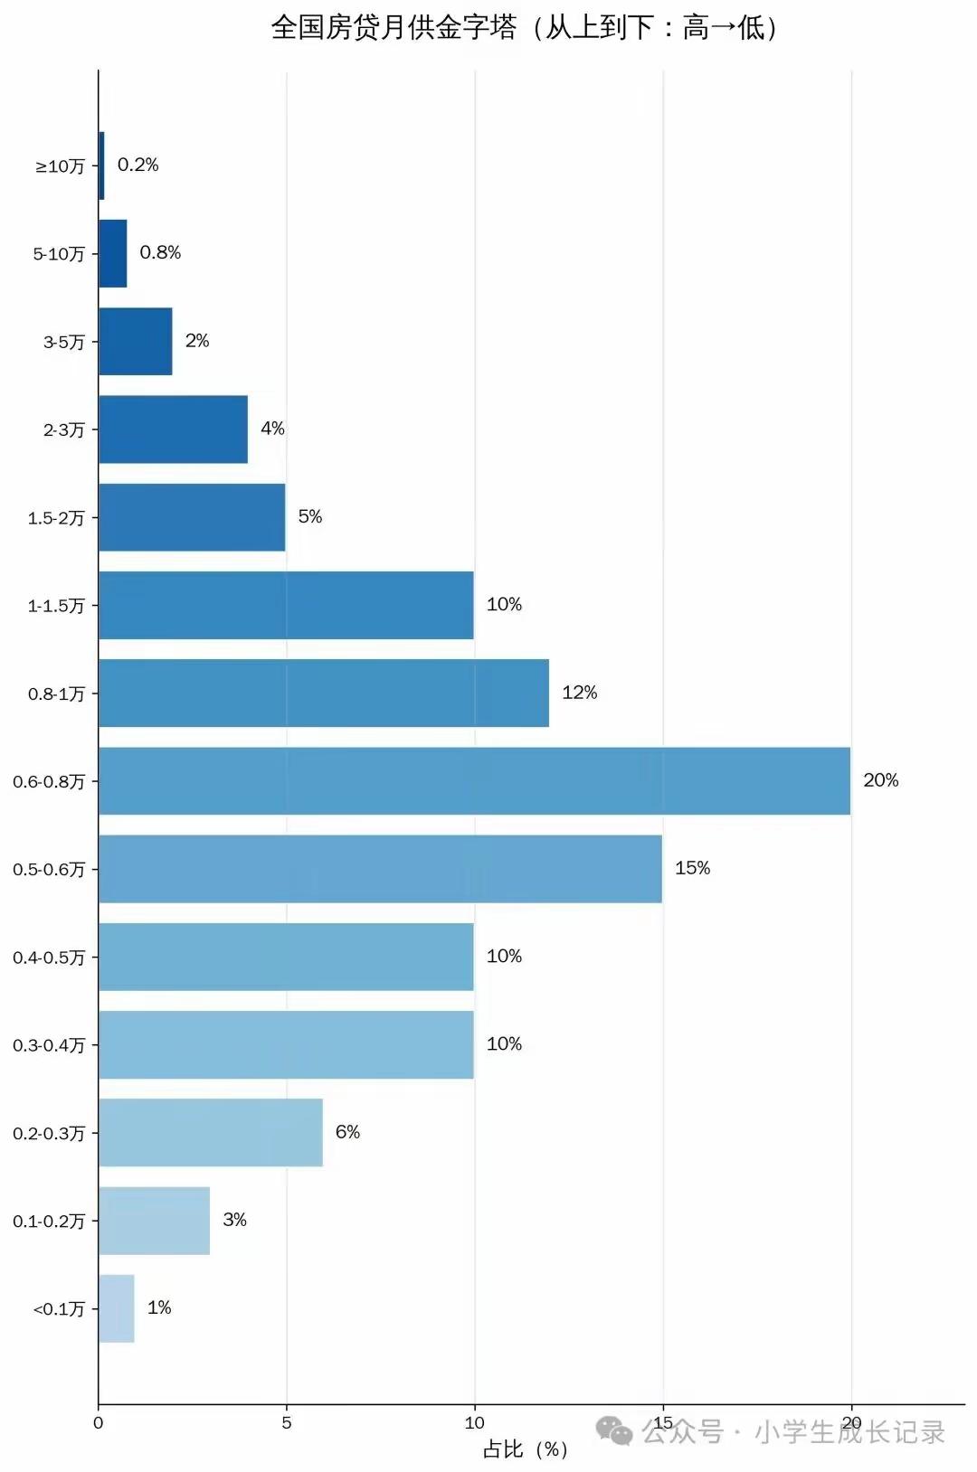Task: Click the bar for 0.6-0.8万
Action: [474, 780]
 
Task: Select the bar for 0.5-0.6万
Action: [380, 868]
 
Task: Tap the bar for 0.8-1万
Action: [323, 693]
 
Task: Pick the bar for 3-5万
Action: [135, 341]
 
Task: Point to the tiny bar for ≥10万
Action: [101, 165]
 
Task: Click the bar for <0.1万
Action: [117, 1308]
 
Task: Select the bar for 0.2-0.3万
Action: [211, 1132]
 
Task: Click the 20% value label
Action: [880, 780]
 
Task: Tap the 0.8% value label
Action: [160, 252]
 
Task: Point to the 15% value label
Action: [692, 868]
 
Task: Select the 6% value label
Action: [347, 1132]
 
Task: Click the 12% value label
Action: [579, 693]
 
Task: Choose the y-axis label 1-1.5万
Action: [56, 606]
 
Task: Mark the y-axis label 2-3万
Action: [63, 429]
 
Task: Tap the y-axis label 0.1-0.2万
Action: [49, 1222]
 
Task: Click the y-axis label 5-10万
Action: [59, 254]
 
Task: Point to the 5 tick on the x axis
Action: [287, 1422]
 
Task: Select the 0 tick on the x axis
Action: [99, 1422]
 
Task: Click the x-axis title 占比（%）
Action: [525, 1449]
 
